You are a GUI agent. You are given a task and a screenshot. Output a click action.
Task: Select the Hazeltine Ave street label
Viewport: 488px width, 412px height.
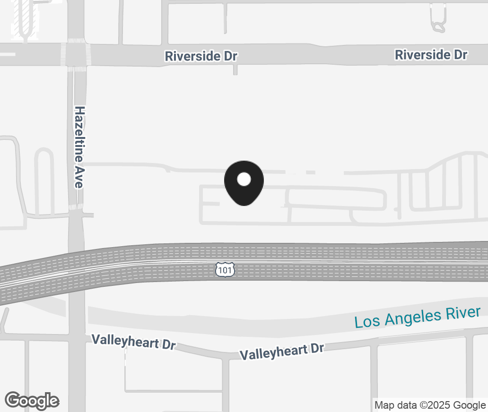click(79, 147)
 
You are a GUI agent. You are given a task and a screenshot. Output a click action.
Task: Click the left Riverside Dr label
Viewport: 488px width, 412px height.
click(201, 56)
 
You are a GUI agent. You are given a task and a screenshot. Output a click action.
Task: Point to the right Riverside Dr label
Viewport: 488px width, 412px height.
click(431, 55)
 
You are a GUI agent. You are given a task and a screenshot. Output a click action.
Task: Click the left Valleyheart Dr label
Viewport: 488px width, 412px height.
click(133, 342)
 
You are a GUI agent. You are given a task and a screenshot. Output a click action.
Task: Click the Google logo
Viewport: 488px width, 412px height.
click(32, 401)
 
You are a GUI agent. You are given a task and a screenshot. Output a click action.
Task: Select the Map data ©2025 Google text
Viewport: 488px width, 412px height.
click(430, 405)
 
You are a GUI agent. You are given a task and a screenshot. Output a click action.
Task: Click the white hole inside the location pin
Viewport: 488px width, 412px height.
click(244, 179)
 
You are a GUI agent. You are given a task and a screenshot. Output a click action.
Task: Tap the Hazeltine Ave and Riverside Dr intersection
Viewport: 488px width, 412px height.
click(76, 53)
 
